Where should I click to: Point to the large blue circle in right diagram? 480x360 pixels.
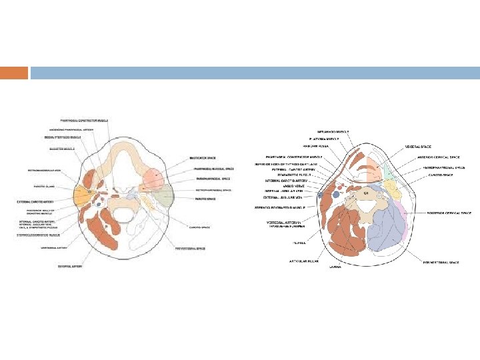pos(323,195)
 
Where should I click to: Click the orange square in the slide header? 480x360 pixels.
pos(14,73)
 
